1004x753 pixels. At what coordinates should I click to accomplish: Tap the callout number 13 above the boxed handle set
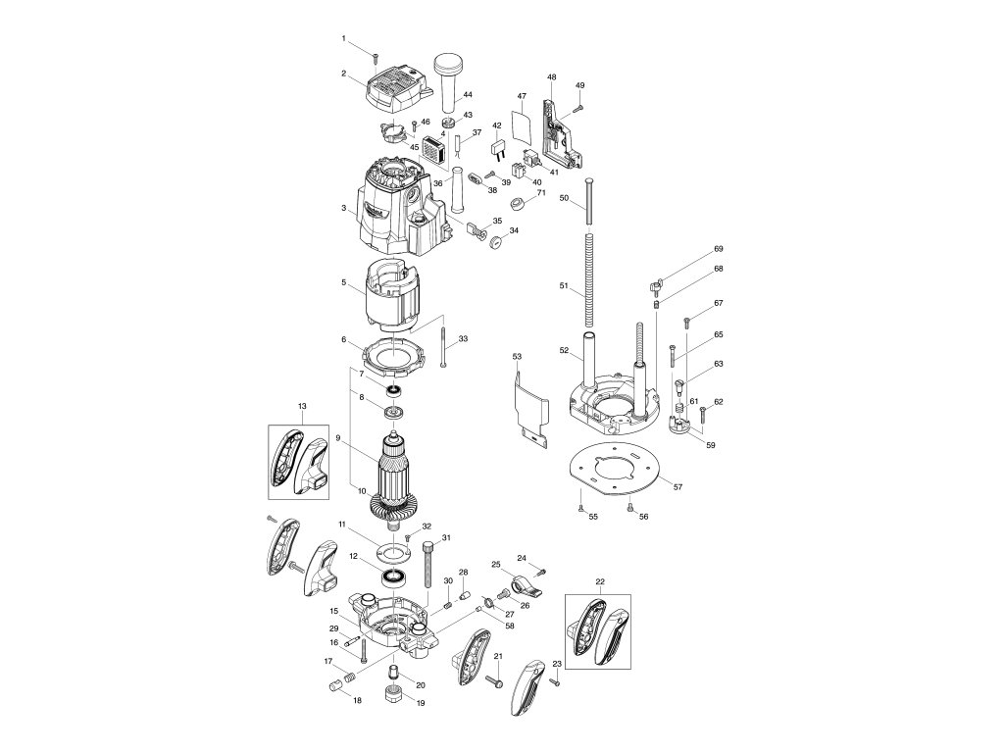[x=301, y=405]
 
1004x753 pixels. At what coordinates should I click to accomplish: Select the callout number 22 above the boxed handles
[x=600, y=581]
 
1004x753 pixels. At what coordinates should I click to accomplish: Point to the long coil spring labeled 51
[x=589, y=284]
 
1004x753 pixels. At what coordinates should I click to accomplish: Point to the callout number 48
[x=552, y=76]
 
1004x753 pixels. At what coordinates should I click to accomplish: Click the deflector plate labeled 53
[x=527, y=406]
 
